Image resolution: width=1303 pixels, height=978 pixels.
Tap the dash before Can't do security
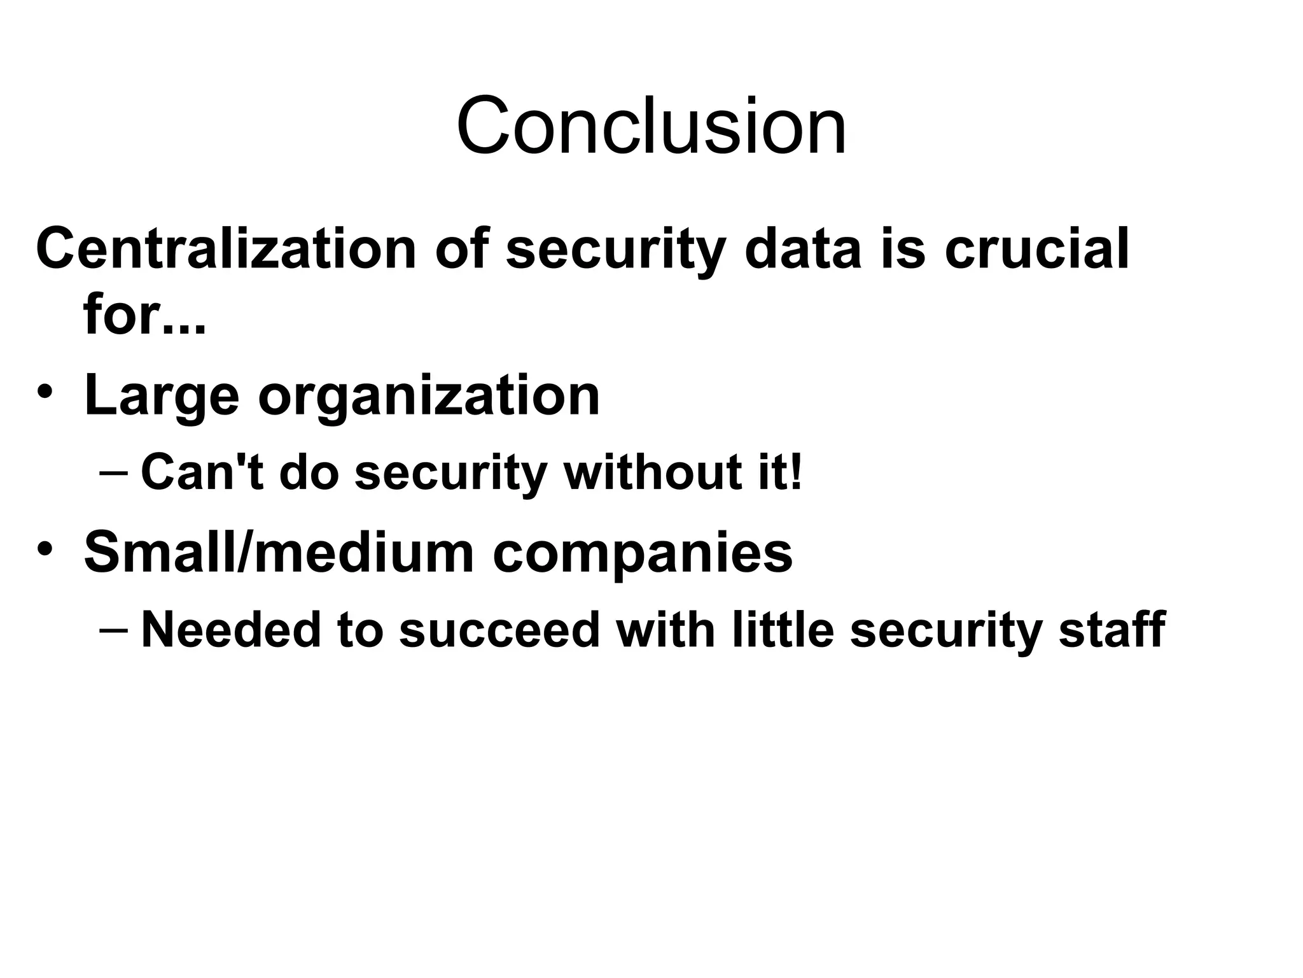coord(114,473)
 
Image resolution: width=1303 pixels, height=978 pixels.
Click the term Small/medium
coord(279,553)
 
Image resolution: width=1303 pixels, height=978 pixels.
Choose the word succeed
coord(499,630)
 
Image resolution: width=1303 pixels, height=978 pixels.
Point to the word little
coord(783,630)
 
